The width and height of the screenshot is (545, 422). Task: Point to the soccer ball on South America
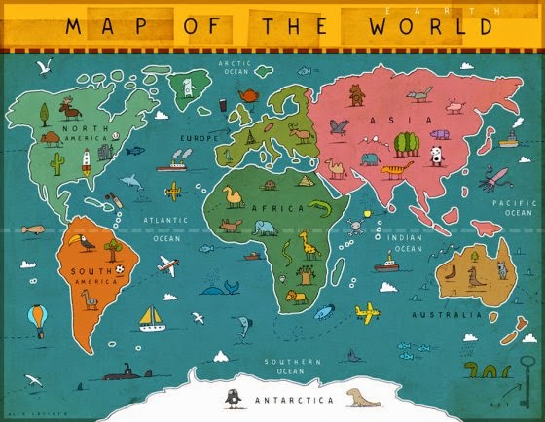pos(119,267)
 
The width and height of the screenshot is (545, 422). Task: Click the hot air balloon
pos(37,317)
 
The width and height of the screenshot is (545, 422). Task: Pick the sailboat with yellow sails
pos(151,317)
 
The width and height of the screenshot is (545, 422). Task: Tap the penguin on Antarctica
pos(233,398)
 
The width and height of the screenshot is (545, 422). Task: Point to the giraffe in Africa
pos(309,243)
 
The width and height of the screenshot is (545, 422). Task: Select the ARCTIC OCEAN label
pos(235,66)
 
